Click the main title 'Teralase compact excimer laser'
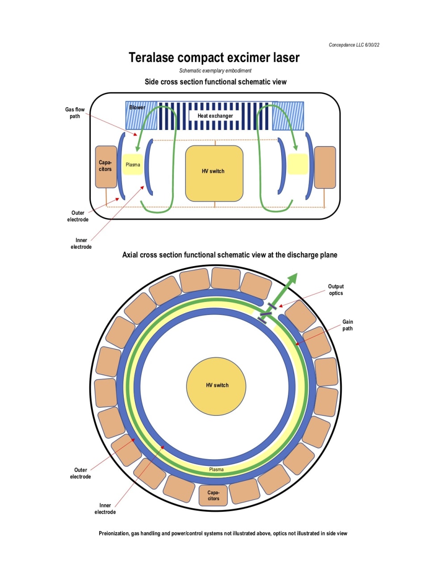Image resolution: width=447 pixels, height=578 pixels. tap(214, 58)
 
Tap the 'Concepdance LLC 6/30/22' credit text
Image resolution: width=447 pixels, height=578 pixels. tap(354, 45)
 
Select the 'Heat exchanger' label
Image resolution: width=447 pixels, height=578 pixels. tap(215, 116)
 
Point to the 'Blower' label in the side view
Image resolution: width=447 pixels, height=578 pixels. tap(137, 108)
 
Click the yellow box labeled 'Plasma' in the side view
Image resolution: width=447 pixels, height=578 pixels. tap(133, 164)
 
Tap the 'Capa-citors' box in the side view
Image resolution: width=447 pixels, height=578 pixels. tap(105, 166)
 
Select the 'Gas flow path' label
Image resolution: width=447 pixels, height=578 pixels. tap(75, 113)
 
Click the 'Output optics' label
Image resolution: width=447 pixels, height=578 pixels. tap(336, 290)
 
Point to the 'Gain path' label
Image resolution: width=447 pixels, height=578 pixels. tap(347, 325)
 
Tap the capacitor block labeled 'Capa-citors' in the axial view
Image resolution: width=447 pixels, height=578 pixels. tap(213, 495)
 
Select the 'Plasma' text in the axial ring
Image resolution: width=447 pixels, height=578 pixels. tap(216, 469)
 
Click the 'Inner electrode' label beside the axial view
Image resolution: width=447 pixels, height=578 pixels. tap(105, 509)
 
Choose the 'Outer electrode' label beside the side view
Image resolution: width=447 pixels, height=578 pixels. tap(78, 216)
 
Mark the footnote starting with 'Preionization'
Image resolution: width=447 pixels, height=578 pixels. tap(223, 533)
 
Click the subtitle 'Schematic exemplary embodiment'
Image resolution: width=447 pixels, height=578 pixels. tap(215, 71)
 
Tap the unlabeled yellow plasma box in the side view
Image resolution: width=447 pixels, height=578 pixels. tap(297, 164)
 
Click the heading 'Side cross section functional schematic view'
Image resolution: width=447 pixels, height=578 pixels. tap(215, 82)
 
